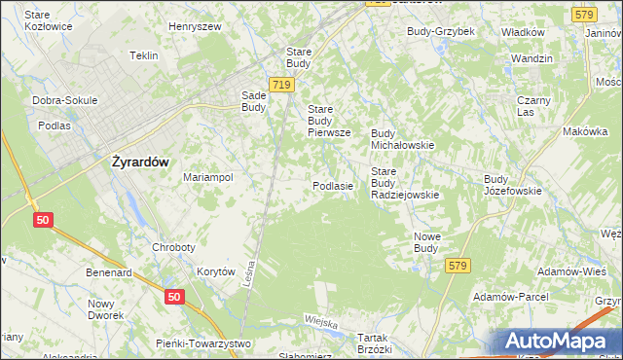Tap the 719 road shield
pos(282,86)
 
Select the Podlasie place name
pos(332,185)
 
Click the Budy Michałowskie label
pos(402,138)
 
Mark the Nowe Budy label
pos(426,242)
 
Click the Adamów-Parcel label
pos(509,296)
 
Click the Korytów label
pos(216,272)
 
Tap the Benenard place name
pos(108,273)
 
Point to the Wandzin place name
pos(531,58)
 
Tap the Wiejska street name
pos(320,321)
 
